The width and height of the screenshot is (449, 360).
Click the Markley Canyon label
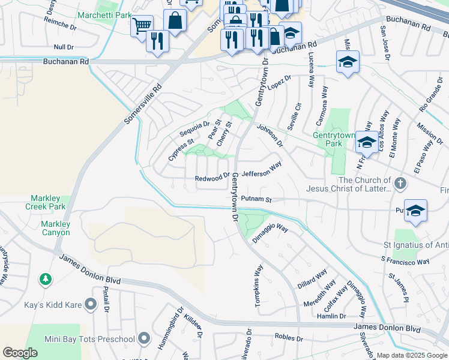(55, 228)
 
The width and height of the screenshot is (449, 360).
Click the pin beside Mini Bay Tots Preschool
(143, 339)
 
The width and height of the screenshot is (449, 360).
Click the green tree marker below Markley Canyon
(45, 279)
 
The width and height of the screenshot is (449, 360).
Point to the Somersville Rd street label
(143, 103)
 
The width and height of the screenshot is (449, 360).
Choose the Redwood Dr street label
(212, 178)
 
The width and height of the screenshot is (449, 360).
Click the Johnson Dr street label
(270, 136)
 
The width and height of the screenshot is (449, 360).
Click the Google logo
(20, 353)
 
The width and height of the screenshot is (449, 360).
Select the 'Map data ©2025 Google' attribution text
(411, 355)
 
